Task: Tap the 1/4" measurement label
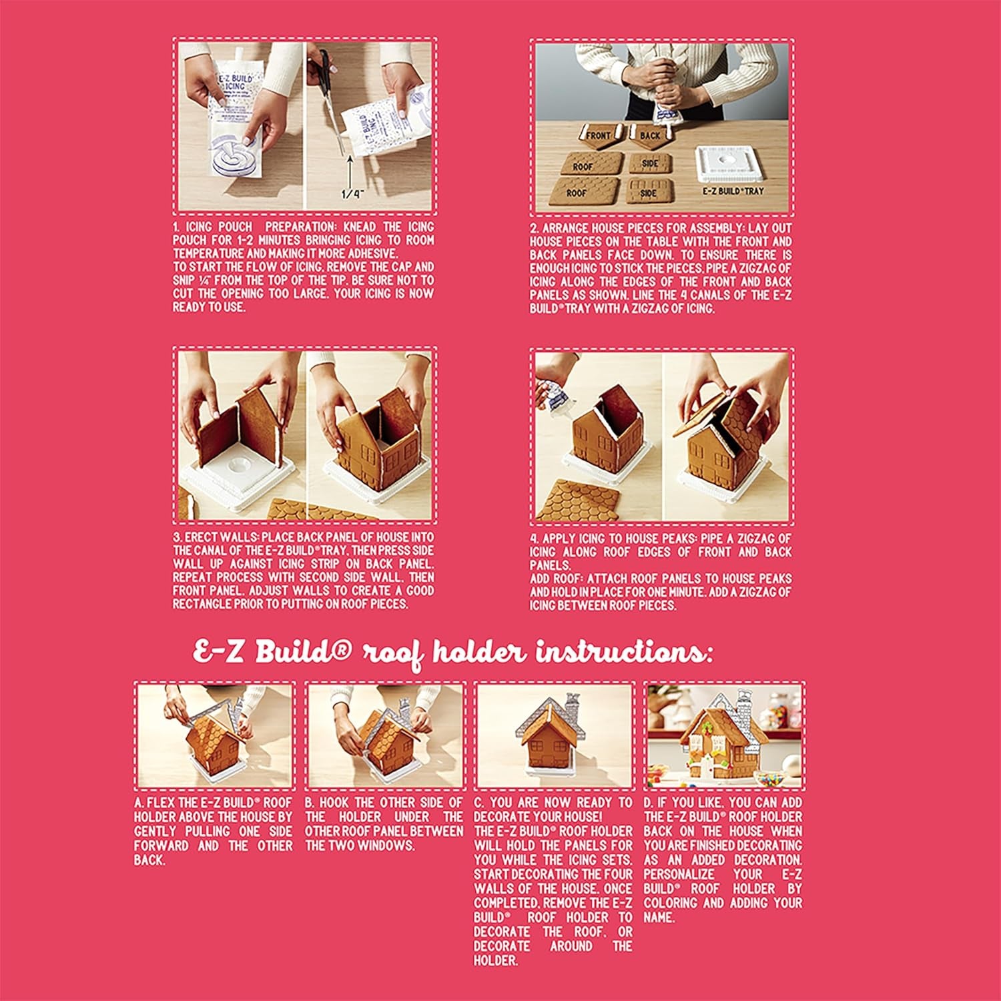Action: (x=352, y=195)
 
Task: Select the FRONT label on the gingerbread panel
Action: (x=599, y=135)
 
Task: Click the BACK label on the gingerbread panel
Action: (x=650, y=135)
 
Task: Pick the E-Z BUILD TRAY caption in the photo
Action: (x=733, y=191)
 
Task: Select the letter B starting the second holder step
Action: (x=309, y=802)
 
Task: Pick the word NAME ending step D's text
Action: (x=659, y=918)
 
